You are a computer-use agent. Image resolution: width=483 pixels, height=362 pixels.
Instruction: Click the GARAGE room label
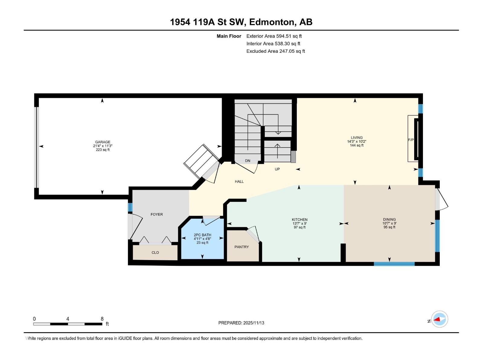pos(103,142)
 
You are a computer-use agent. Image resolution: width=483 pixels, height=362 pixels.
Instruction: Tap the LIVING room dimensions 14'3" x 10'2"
pos(357,141)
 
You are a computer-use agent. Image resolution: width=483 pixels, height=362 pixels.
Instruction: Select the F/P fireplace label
pos(411,140)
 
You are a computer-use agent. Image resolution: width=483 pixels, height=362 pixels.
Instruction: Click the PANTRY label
pos(241,247)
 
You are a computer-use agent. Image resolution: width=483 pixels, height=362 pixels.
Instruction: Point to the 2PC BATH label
pos(202,235)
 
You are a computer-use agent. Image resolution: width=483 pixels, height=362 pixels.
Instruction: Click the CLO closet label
pos(155,252)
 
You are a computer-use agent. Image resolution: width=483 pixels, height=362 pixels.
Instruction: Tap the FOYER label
pos(157,214)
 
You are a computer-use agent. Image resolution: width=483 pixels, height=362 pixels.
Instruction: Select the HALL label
pos(239,182)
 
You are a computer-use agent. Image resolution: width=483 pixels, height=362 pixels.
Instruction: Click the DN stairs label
pos(248,161)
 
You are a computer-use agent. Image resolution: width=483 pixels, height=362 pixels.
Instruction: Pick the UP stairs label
pos(277,169)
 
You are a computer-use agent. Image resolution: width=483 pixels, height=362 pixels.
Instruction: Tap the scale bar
pos(68,324)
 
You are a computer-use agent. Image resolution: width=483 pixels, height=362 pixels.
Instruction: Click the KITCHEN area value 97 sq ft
pos(299,227)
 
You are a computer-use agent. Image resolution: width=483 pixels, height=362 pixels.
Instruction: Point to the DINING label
pos(389,220)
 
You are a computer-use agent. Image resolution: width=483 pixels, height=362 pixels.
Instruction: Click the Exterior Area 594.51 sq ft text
pos(274,36)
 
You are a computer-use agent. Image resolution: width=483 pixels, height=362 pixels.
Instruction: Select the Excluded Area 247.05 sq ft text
pos(275,51)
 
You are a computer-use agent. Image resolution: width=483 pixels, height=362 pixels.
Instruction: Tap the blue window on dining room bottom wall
pos(394,264)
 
